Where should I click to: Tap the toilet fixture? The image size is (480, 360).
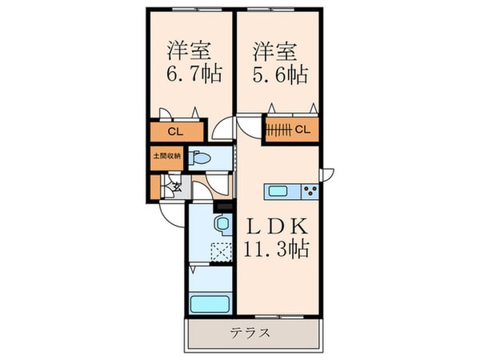point(201,158)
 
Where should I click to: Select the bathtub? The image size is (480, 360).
point(210,305)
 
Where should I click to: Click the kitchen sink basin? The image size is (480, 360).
point(280,190)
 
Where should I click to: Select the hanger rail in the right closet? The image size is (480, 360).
point(279,128)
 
